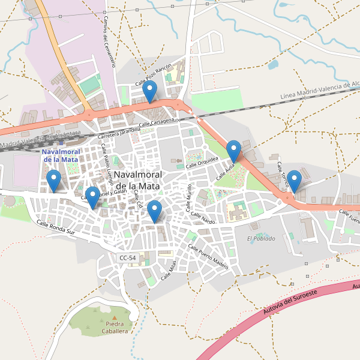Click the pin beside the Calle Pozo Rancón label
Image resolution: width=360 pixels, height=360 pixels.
[150, 91]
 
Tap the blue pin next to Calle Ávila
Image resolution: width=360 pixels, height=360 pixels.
[233, 150]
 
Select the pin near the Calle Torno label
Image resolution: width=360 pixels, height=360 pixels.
[294, 180]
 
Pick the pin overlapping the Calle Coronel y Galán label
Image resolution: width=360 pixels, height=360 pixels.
[92, 196]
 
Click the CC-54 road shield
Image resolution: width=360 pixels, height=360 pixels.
[128, 257]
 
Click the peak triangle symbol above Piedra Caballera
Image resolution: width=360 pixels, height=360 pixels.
[114, 317]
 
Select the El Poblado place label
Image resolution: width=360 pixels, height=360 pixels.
[261, 238]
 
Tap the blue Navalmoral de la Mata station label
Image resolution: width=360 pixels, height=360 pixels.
[60, 156]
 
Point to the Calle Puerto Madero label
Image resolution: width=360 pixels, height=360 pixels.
[208, 256]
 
